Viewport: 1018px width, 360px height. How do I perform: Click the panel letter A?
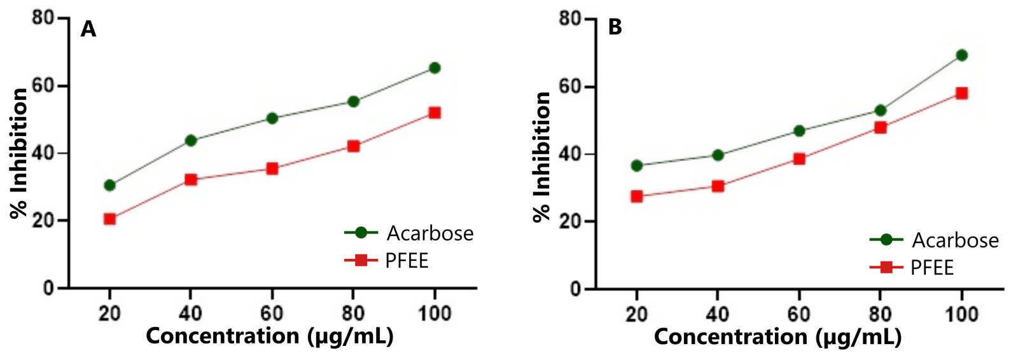[x=88, y=29]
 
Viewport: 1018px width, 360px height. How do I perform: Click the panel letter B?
[x=615, y=27]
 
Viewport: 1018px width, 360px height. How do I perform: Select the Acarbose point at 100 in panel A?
[x=435, y=68]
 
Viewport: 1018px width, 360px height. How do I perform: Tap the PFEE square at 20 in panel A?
[x=109, y=219]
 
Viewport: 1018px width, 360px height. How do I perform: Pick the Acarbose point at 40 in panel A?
[x=191, y=141]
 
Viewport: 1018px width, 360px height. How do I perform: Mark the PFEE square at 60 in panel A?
[x=272, y=169]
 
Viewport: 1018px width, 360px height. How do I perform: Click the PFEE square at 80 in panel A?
[x=354, y=146]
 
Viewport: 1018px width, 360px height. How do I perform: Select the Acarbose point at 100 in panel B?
[x=961, y=55]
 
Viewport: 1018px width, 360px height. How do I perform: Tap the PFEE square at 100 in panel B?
[x=961, y=93]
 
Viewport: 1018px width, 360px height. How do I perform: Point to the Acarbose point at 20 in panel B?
[x=636, y=166]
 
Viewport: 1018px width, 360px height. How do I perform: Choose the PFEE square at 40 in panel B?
[x=718, y=186]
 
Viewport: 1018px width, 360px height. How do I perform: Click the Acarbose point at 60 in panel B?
[x=799, y=131]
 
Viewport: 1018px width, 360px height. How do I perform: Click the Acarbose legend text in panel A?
[x=430, y=233]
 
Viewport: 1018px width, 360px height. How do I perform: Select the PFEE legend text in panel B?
[x=932, y=268]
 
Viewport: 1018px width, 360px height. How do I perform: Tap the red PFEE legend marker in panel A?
[x=361, y=260]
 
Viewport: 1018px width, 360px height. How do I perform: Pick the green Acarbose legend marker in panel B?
[x=886, y=240]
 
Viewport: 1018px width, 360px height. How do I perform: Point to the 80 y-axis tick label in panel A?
[x=43, y=17]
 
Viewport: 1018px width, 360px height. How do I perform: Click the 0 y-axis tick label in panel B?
[x=575, y=289]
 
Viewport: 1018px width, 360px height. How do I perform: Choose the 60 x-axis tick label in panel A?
[x=272, y=313]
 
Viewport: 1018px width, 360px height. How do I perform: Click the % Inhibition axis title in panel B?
[x=541, y=156]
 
